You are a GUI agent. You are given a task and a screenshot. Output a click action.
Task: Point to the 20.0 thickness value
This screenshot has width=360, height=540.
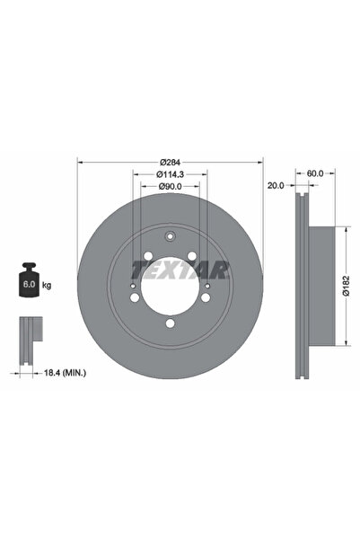(276, 185)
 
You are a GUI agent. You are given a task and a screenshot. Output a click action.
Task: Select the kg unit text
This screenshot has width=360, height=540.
(46, 286)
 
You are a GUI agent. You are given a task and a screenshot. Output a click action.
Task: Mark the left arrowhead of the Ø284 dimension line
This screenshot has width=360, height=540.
(80, 163)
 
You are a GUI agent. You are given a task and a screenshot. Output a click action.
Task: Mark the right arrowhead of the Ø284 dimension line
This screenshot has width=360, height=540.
(260, 163)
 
